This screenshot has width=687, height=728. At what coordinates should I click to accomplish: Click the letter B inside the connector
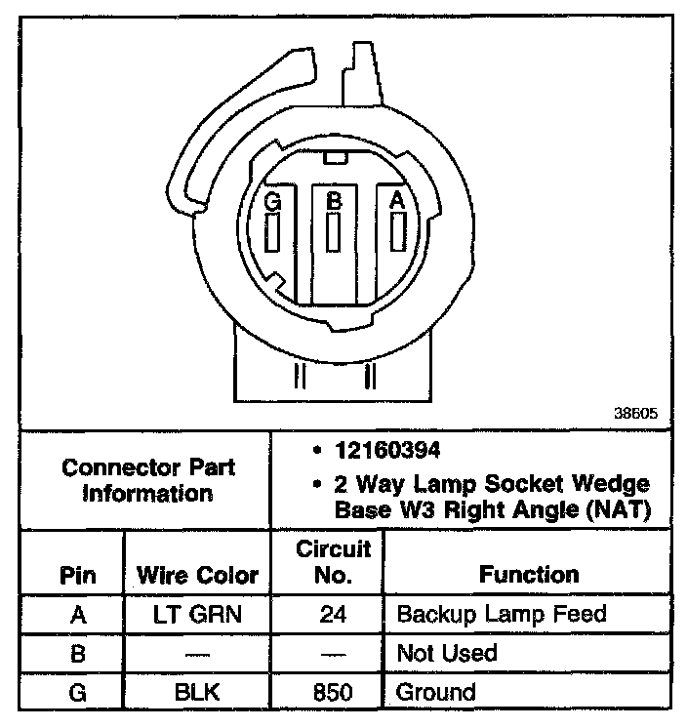pos(334,202)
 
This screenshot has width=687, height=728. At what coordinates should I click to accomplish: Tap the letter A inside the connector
pos(396,200)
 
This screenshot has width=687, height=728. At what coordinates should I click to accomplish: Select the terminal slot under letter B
pos(334,233)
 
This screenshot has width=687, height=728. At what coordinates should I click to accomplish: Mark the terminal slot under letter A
pos(397,231)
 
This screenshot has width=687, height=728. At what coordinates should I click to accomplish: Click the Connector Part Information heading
pos(148,480)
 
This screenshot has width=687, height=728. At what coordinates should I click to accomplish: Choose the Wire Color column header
pos(197,575)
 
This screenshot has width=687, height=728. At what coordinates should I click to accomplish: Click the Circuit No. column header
pos(333,562)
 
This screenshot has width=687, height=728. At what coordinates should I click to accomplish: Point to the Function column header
pos(529,575)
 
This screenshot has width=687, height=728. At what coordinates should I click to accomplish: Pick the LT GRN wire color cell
pos(197,615)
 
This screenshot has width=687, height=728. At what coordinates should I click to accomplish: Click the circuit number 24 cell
pos(333,615)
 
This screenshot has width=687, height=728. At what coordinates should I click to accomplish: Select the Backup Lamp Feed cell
pos(502,615)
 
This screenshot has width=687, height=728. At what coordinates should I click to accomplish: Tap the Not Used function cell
pos(446,653)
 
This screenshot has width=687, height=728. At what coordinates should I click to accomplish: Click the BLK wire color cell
pos(197,693)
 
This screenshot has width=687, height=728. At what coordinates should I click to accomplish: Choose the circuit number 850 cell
pos(333,693)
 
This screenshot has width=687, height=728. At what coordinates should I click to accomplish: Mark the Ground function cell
pos(435,693)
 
